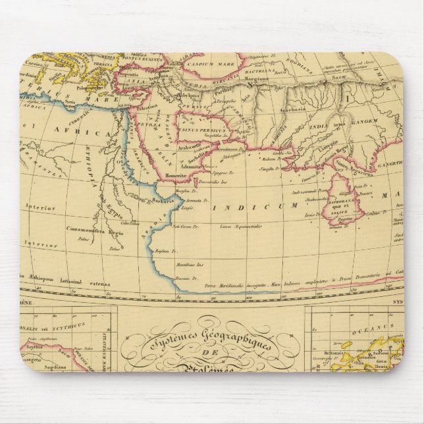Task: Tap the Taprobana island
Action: pos(342,201)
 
